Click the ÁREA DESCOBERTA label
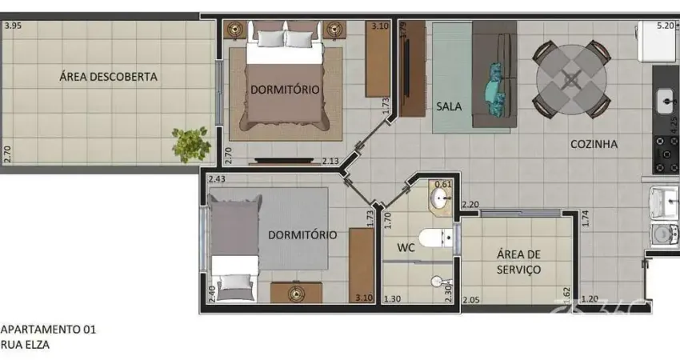coord(108,78)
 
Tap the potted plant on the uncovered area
coord(190,143)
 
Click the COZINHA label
coord(594,145)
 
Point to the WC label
coord(406,248)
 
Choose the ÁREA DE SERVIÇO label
coord(518,262)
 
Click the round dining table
coord(571,78)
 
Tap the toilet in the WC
coord(437,238)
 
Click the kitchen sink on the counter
coord(666,101)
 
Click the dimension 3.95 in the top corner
coord(13,26)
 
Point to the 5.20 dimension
coord(665,26)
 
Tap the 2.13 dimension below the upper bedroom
coord(330,161)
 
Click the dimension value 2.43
coord(215,179)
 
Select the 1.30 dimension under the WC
coord(393,299)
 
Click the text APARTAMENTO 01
coord(49,329)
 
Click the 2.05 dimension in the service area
coord(471,299)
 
